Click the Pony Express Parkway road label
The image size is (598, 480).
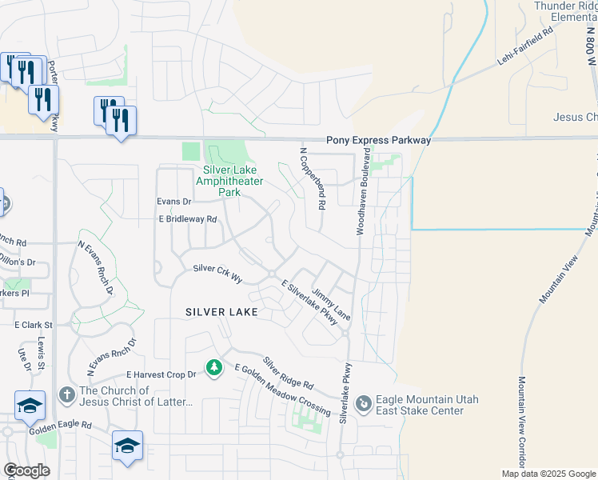pos(378,140)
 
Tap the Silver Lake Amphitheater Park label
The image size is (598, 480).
pos(233,181)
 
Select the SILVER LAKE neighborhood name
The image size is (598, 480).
pos(221,312)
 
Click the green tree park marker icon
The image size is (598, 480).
pos(213,367)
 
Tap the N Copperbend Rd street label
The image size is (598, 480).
pos(313,178)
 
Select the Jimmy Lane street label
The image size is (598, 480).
pos(331,305)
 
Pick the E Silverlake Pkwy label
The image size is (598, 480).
pos(309,302)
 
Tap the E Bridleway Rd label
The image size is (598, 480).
pos(188,219)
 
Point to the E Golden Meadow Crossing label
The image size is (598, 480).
pos(281,389)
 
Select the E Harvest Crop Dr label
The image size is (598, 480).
pos(161,374)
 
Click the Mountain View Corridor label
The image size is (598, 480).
pos(521,422)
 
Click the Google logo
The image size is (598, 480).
pos(27,470)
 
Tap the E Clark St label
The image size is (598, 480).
pos(33,326)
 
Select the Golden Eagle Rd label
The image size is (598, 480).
pos(62,426)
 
